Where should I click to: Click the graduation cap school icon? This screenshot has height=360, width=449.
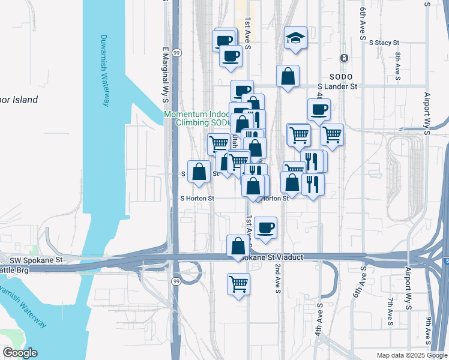pos(295,38)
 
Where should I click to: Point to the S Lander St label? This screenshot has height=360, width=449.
pos(337,86)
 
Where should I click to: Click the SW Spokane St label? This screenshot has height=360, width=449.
pos(36,260)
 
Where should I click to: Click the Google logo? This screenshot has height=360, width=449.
pos(20,353)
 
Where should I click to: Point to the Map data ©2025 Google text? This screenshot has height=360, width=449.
pos(411,355)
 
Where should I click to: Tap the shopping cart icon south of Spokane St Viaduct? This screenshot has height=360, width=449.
pos(239,283)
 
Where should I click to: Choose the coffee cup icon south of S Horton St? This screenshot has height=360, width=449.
pos(265,227)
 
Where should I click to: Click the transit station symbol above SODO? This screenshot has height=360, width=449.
pos(344,58)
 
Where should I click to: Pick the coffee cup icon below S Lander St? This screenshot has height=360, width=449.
pos(319,110)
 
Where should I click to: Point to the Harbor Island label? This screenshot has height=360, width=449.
pos(18,100)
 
